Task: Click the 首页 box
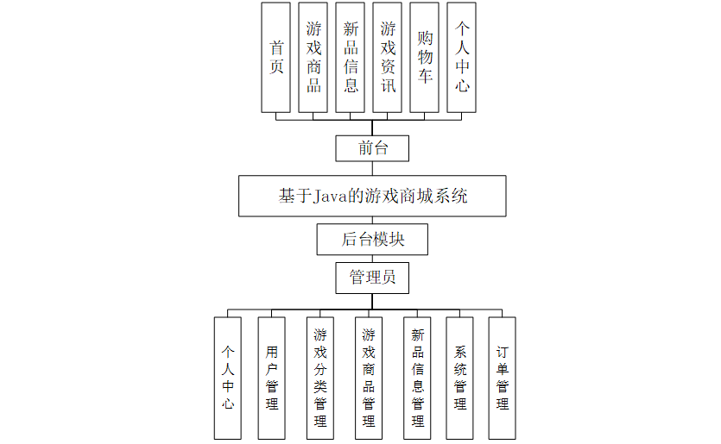(276, 57)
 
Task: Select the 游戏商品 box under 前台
(313, 57)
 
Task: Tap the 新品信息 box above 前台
(351, 57)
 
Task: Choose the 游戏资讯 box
(388, 57)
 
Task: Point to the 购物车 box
(425, 57)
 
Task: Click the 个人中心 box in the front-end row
(462, 57)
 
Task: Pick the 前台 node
(372, 148)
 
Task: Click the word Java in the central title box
(329, 197)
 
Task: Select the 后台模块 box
(372, 239)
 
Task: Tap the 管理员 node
(372, 278)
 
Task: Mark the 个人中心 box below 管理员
(228, 378)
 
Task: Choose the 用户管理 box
(272, 378)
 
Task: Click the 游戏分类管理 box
(320, 378)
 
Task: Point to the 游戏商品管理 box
(369, 378)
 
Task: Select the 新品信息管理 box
(418, 378)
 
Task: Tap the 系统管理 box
(460, 378)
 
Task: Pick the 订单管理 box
(503, 378)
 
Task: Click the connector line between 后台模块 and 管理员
(372, 259)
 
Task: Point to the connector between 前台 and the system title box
(372, 169)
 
